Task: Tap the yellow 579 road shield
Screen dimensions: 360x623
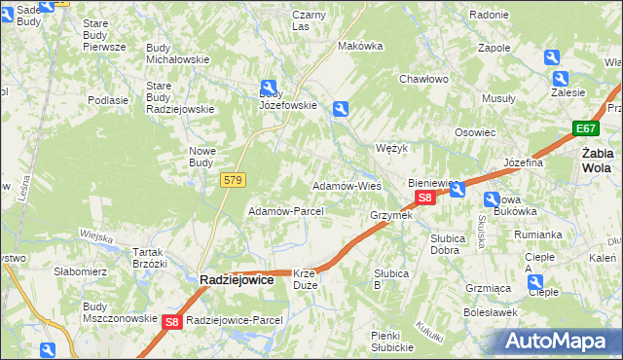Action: [233, 180]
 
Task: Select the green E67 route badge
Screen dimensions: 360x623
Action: [585, 128]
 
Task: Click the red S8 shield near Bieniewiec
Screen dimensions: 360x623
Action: [424, 198]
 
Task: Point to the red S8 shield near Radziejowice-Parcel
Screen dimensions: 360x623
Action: [172, 321]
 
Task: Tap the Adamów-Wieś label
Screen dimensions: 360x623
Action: [346, 185]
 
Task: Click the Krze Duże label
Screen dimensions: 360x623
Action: [305, 279]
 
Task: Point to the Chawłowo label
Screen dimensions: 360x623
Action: [422, 80]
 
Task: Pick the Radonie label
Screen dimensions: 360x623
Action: [489, 16]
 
